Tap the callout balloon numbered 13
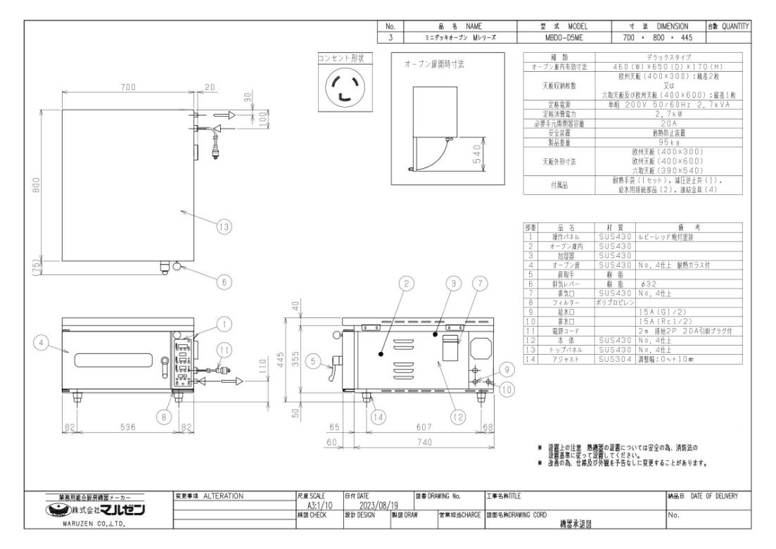click(x=224, y=227)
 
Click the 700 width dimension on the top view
click(x=127, y=87)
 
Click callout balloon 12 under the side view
click(x=458, y=417)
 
